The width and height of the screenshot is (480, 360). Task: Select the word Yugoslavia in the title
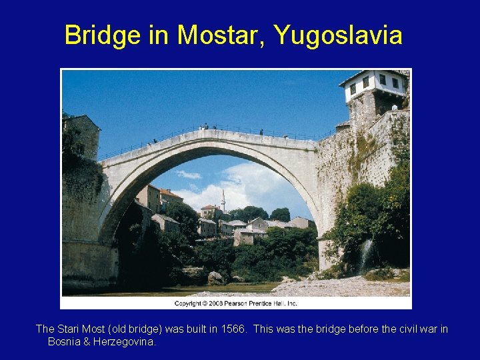[338, 35]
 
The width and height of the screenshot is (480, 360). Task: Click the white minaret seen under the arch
[223, 200]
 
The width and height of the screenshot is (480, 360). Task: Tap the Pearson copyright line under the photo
[236, 303]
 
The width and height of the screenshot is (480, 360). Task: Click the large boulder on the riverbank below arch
[215, 277]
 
